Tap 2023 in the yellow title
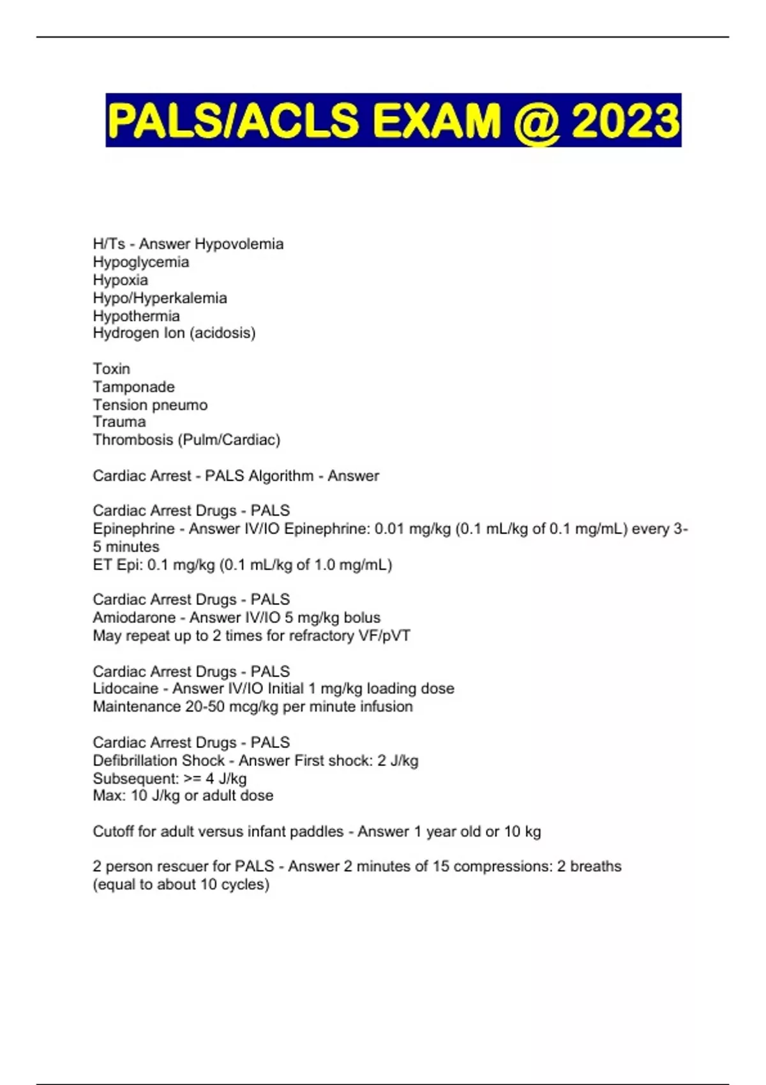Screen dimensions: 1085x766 tap(626, 121)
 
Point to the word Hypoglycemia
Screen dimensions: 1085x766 tap(141, 262)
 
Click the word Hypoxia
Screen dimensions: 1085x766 tap(120, 280)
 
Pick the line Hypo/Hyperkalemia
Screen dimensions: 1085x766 tap(160, 298)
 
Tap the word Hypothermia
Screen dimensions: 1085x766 tap(136, 316)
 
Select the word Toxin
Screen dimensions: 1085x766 tap(111, 369)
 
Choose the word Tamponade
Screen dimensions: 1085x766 tap(133, 387)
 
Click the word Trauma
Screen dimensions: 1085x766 tap(119, 422)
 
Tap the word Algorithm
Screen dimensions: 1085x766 tap(281, 476)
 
